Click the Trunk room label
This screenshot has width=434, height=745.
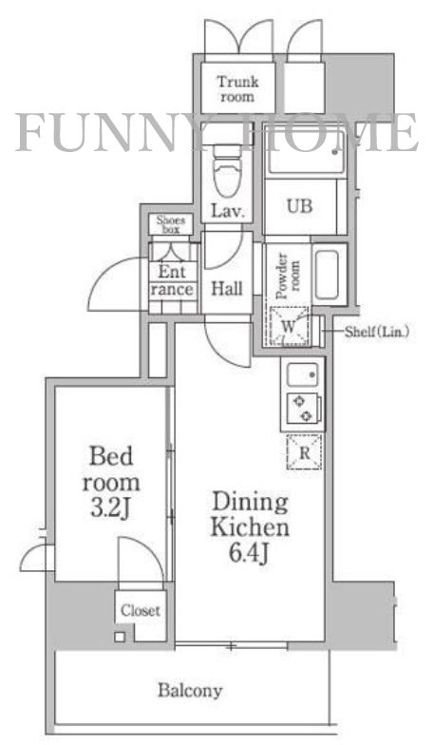coord(237,88)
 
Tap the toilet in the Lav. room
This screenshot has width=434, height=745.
coord(228,169)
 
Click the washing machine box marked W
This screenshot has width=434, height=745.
coord(289,326)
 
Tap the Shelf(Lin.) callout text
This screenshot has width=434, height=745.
coord(376,332)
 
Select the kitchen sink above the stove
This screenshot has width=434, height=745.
coord(303,374)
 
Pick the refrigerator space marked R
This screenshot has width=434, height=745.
coord(304,452)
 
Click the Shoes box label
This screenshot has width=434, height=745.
coord(171,224)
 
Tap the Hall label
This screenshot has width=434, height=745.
coord(226,289)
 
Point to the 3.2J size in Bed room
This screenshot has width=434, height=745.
coord(110,509)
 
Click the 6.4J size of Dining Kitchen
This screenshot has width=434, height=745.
coord(251,553)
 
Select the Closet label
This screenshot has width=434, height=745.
coord(141,610)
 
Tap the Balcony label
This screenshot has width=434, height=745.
coord(190,690)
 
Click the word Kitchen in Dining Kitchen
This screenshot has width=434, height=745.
coord(250,526)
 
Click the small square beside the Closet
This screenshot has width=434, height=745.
coord(120,637)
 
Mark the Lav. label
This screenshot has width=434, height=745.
coord(228,211)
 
